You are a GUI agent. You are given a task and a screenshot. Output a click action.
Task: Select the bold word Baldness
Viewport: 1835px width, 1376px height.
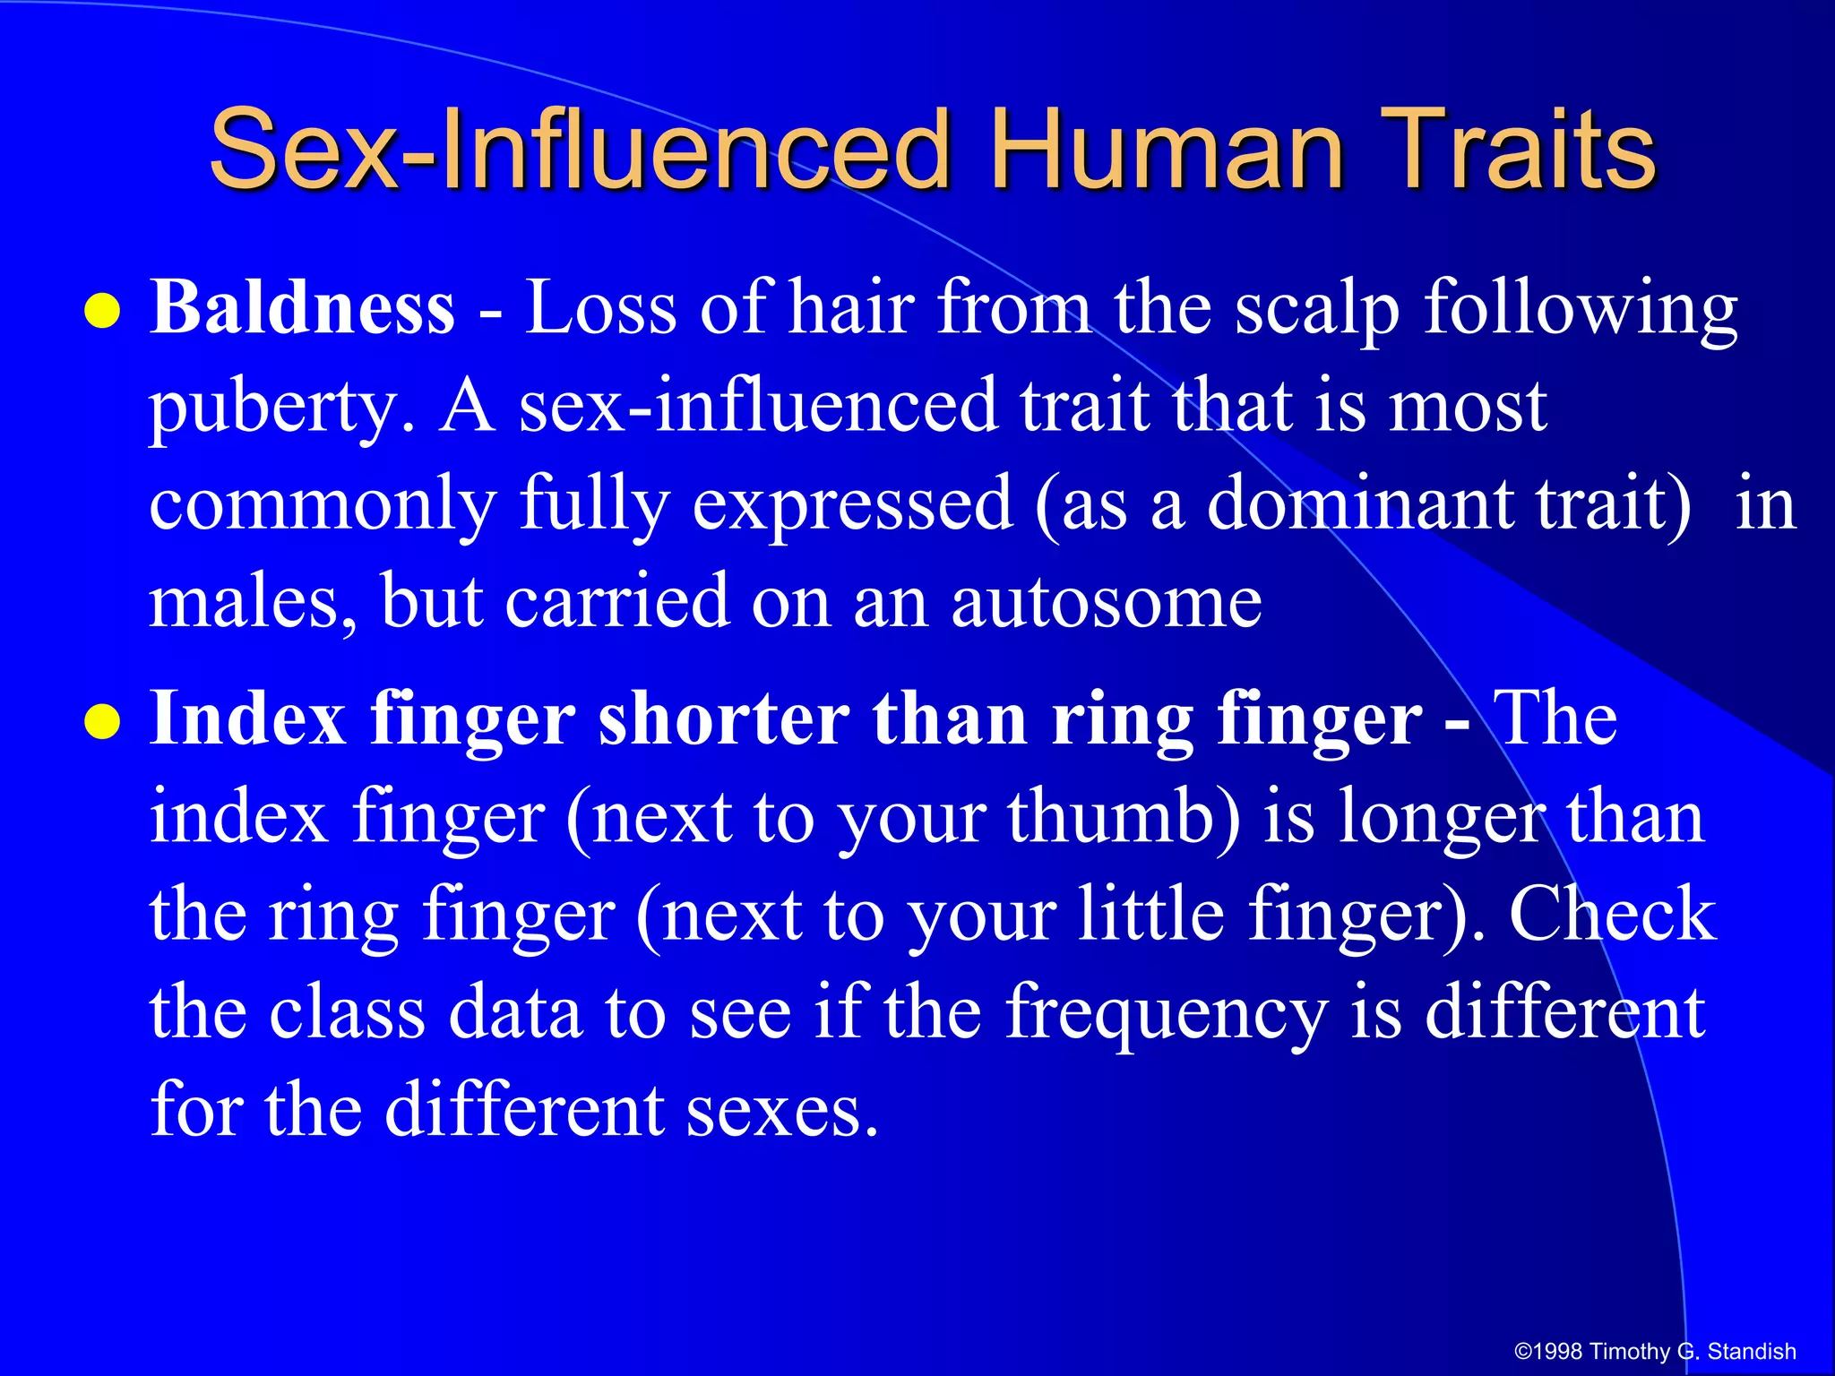point(303,307)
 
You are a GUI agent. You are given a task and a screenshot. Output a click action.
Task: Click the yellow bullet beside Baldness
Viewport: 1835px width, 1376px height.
point(102,312)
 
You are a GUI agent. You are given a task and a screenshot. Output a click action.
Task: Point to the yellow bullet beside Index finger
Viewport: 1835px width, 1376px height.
point(102,722)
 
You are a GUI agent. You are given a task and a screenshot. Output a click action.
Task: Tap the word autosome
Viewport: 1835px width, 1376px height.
point(1107,601)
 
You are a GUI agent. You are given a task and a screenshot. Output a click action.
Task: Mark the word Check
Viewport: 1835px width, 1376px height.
point(1613,914)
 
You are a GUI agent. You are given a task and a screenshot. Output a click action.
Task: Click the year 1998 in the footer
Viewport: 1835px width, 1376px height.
point(1558,1351)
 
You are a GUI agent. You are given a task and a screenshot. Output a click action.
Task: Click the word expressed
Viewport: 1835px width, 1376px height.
point(852,503)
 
